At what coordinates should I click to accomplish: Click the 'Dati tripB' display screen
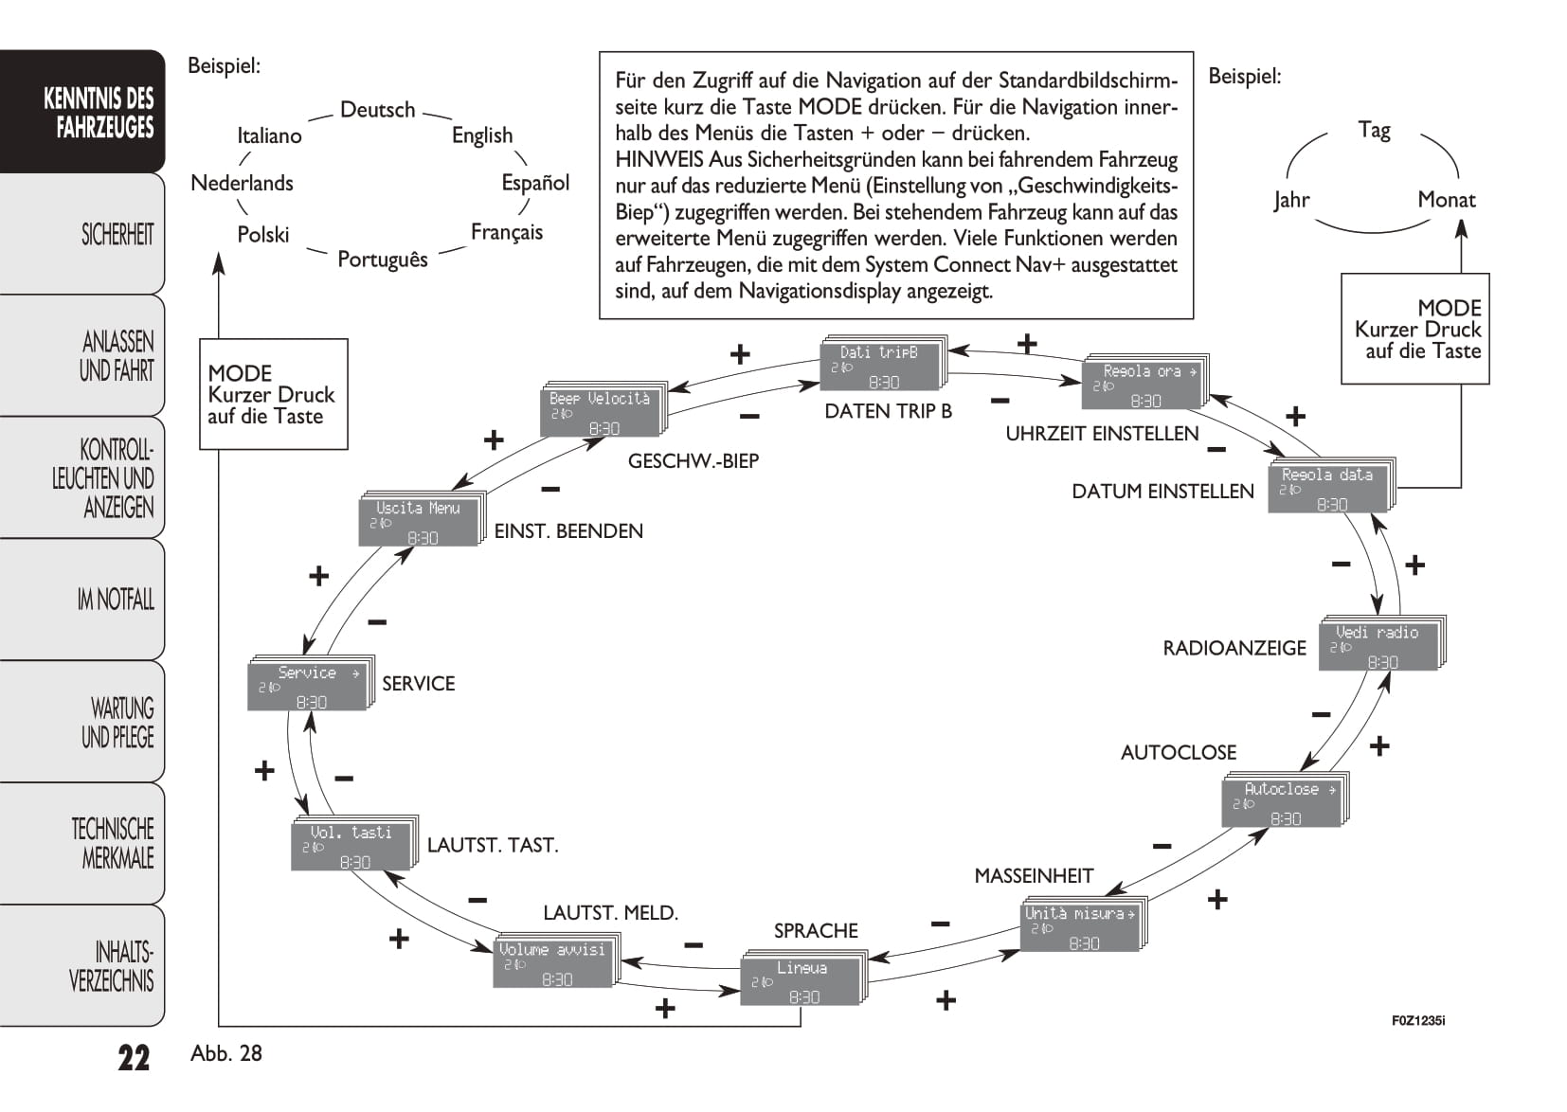click(x=880, y=367)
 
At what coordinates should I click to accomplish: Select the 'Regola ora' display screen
click(x=1144, y=386)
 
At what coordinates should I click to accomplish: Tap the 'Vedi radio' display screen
click(x=1380, y=646)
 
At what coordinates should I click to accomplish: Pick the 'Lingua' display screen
click(x=802, y=981)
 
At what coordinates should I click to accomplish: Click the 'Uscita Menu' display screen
click(x=420, y=522)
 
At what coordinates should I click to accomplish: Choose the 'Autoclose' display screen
click(x=1283, y=803)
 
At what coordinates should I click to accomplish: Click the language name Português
click(x=383, y=259)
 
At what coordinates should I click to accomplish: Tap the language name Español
click(x=535, y=182)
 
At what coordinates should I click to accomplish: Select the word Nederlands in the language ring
click(x=242, y=183)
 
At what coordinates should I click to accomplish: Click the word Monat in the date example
click(x=1446, y=200)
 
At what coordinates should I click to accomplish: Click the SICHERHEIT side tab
click(x=117, y=234)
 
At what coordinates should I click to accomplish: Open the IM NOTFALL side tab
click(x=116, y=600)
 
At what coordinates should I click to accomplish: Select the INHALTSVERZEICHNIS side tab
click(x=111, y=966)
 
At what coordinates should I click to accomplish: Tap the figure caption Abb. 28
click(x=226, y=1053)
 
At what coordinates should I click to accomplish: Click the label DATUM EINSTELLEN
click(x=1162, y=492)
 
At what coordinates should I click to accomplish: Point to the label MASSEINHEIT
click(x=1034, y=876)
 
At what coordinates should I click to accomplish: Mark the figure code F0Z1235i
click(x=1417, y=1021)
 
